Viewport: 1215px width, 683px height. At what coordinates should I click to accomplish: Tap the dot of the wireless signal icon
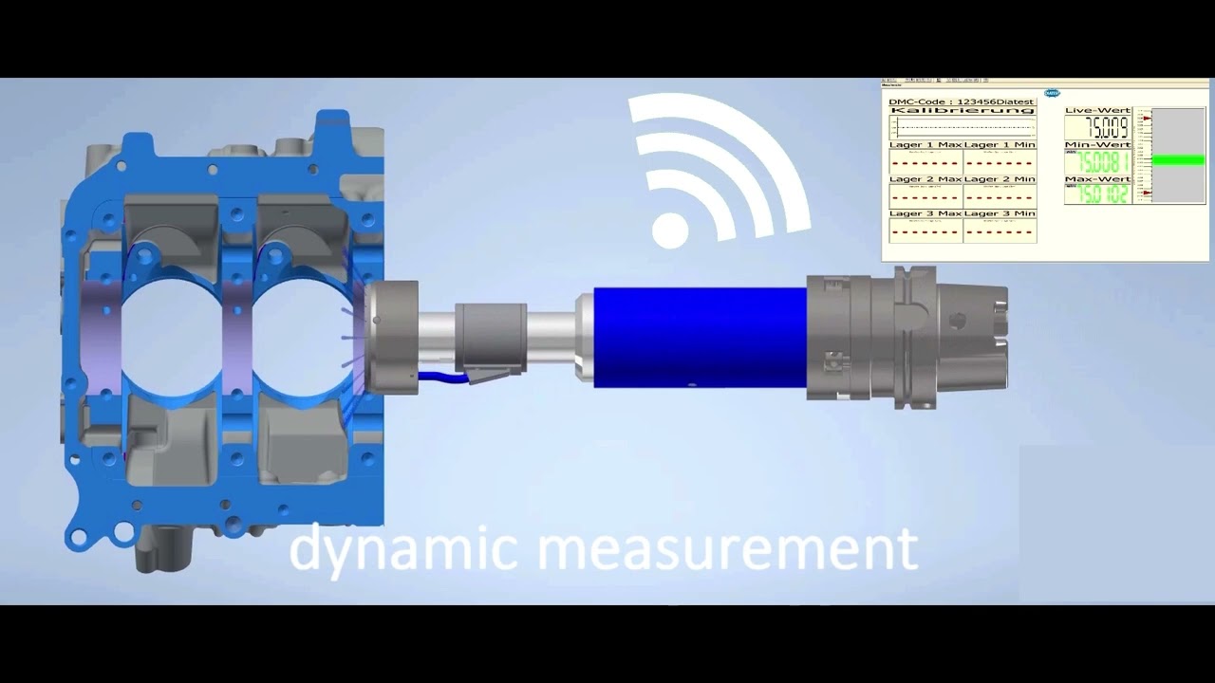click(x=670, y=231)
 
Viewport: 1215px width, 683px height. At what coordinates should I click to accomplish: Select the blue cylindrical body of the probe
click(x=701, y=337)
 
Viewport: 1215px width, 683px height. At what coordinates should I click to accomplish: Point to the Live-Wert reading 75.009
click(x=1097, y=128)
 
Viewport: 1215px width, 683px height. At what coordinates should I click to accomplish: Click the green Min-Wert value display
click(x=1097, y=161)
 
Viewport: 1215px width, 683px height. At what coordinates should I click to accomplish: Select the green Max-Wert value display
click(x=1097, y=194)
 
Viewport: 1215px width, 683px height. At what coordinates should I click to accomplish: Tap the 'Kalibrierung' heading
click(x=962, y=111)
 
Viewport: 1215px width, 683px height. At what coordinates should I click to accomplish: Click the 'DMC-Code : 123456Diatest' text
click(x=961, y=102)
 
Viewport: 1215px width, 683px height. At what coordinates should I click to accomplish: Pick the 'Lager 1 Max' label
click(x=925, y=145)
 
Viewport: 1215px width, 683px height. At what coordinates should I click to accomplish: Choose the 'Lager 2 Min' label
click(x=1000, y=179)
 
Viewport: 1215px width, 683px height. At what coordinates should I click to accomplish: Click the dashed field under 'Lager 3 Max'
click(x=925, y=231)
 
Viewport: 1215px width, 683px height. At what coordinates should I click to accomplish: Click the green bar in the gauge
click(x=1178, y=160)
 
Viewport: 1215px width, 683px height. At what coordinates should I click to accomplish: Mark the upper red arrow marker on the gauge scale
click(x=1147, y=119)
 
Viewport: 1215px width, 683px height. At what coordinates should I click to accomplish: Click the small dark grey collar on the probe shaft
click(x=490, y=337)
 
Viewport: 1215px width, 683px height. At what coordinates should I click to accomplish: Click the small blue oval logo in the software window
click(x=1051, y=93)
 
